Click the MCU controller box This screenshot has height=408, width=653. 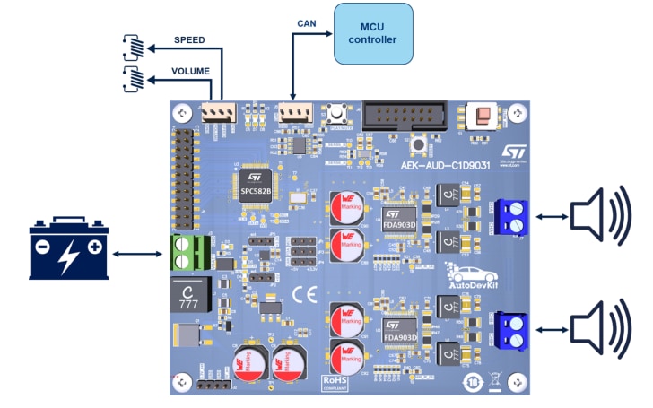pos(373,34)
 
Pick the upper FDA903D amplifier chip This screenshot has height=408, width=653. pos(401,221)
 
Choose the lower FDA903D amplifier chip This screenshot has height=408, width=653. pos(401,332)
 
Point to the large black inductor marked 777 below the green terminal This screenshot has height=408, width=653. pos(189,295)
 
